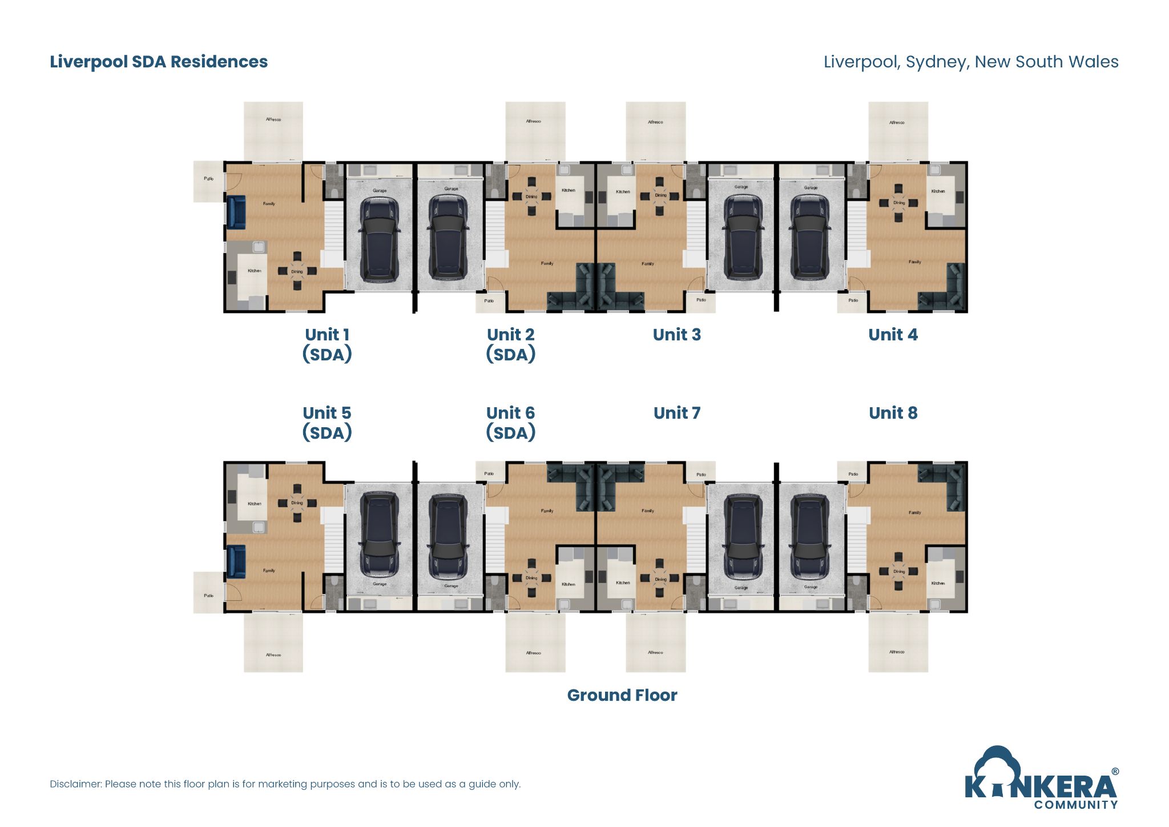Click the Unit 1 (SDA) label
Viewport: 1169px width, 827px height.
[326, 344]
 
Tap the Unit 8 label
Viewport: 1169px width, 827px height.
[893, 413]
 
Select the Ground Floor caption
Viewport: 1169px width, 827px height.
[622, 695]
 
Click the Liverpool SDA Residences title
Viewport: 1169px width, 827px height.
[159, 62]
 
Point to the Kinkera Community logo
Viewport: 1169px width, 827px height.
[1041, 780]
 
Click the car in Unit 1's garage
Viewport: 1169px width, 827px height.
[379, 239]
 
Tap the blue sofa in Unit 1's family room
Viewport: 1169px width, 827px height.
[236, 212]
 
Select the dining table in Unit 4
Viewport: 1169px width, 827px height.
[898, 203]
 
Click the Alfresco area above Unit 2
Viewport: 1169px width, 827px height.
[535, 131]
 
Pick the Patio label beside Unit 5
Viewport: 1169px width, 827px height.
[208, 596]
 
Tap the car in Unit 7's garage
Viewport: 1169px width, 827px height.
[742, 536]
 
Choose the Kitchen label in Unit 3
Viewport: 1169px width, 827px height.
[623, 192]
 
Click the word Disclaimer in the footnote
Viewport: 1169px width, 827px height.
[75, 784]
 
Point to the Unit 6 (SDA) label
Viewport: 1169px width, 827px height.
[510, 423]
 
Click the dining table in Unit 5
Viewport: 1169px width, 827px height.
[297, 503]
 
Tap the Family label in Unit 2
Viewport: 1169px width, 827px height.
[547, 263]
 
